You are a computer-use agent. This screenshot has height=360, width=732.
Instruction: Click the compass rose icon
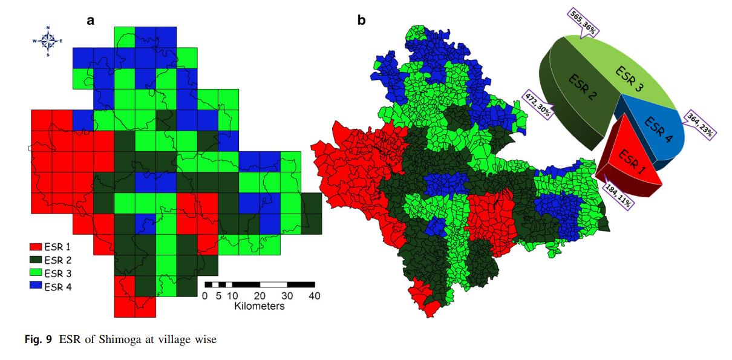(48, 41)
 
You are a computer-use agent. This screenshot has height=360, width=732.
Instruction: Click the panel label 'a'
(91, 20)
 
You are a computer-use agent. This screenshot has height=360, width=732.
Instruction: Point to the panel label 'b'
(362, 20)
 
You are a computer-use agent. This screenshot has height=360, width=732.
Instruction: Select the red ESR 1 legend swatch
(35, 247)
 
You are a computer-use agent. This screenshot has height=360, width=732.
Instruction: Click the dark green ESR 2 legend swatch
(35, 260)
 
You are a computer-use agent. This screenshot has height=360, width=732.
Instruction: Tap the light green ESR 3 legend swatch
(35, 273)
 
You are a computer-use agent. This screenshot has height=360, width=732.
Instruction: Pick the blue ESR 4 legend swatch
(35, 287)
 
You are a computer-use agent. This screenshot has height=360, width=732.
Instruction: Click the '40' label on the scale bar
(315, 296)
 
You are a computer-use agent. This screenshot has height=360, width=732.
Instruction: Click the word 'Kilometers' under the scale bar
(260, 306)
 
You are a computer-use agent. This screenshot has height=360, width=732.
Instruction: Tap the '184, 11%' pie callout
(619, 195)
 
